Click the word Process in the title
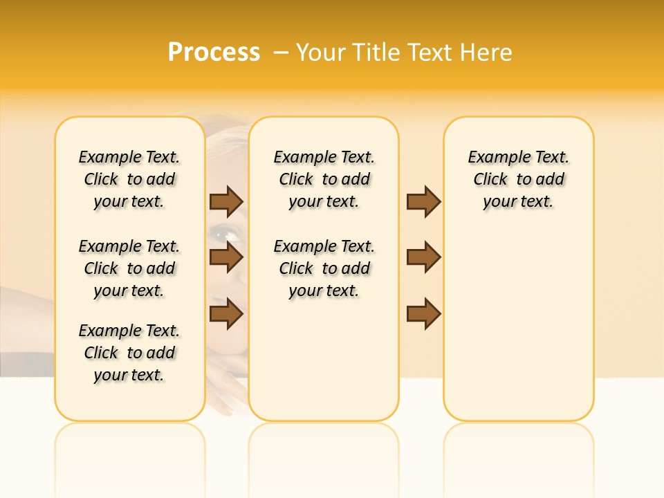(214, 53)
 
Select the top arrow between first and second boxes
(226, 201)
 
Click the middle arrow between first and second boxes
(226, 257)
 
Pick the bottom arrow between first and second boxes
(226, 313)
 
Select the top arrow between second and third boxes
(423, 201)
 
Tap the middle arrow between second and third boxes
(423, 257)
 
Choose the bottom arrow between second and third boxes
(423, 313)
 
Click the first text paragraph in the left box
(129, 179)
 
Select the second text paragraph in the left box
(129, 268)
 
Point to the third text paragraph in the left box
(129, 353)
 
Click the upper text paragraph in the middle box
(324, 179)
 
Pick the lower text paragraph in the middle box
(324, 268)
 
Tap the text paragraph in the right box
(518, 179)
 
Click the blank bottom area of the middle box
(324, 367)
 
